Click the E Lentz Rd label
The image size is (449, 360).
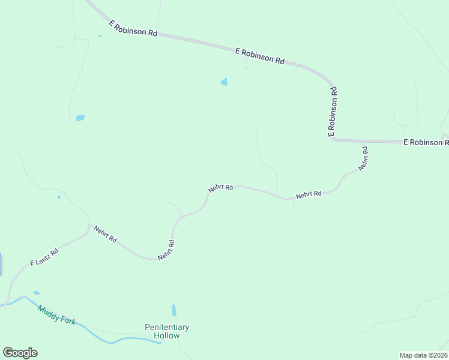click(44, 257)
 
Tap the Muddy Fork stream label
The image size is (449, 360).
click(56, 315)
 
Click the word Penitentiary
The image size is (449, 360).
click(167, 327)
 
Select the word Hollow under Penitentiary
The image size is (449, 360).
click(167, 335)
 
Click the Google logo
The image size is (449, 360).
click(20, 353)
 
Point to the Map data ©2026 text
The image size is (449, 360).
click(423, 355)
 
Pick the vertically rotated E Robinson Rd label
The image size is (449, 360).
click(333, 112)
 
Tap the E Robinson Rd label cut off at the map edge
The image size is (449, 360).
click(426, 142)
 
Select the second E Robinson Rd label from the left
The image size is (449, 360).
click(260, 56)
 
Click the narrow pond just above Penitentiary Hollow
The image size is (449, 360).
click(174, 310)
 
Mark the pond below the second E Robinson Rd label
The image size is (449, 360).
click(224, 82)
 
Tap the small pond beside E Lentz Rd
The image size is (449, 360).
click(37, 293)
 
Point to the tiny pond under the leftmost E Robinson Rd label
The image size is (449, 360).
click(100, 37)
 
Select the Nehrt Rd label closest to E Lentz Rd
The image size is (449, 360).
click(105, 234)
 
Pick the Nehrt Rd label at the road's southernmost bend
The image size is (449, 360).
click(166, 250)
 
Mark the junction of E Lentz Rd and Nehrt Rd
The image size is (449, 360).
click(89, 226)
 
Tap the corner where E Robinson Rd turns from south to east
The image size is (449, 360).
click(332, 139)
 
